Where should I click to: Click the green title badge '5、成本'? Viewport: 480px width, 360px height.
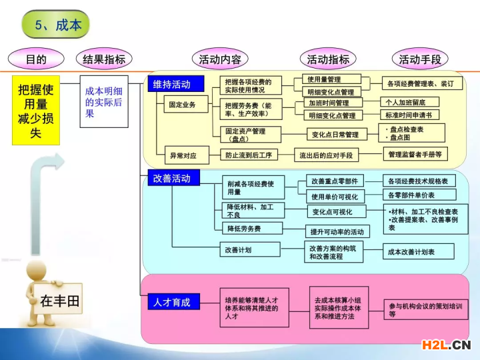pyautogui.click(x=55, y=25)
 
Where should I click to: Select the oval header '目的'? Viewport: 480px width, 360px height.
pyautogui.click(x=36, y=59)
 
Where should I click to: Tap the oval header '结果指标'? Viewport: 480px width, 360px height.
pyautogui.click(x=104, y=59)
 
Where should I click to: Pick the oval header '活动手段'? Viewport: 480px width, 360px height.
pyautogui.click(x=420, y=59)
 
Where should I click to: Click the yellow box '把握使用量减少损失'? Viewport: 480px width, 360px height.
pyautogui.click(x=36, y=110)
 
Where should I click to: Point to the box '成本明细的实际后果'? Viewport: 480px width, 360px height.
pyautogui.click(x=104, y=101)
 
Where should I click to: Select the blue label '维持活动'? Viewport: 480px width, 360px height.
pyautogui.click(x=176, y=84)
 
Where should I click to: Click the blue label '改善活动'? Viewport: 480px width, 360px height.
pyautogui.click(x=173, y=177)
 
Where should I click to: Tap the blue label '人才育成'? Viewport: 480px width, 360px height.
pyautogui.click(x=173, y=302)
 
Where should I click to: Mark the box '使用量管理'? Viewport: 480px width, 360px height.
pyautogui.click(x=331, y=79)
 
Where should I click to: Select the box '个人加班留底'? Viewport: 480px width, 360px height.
pyautogui.click(x=409, y=102)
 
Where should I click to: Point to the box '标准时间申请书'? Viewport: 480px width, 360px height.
pyautogui.click(x=409, y=115)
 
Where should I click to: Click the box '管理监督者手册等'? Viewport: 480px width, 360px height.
pyautogui.click(x=415, y=154)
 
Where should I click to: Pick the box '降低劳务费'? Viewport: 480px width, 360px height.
pyautogui.click(x=252, y=229)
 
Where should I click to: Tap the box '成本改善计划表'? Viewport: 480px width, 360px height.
pyautogui.click(x=419, y=251)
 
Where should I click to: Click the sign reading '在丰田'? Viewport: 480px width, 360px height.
pyautogui.click(x=58, y=299)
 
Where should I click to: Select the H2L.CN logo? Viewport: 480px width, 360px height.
pyautogui.click(x=446, y=345)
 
